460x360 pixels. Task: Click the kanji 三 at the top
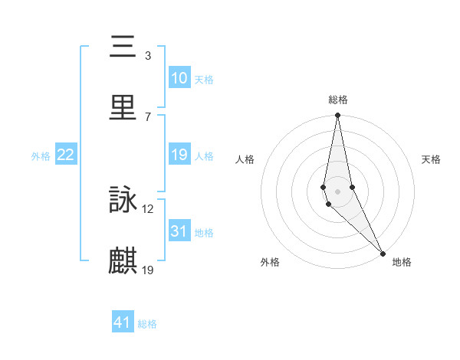tap(123, 47)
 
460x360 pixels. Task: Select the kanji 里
tap(123, 106)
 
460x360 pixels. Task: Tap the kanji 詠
tap(123, 200)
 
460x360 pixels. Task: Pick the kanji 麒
tap(123, 260)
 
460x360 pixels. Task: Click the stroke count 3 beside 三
tap(148, 55)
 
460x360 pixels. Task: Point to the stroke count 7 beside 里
tap(148, 116)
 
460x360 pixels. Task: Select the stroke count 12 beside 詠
tap(148, 208)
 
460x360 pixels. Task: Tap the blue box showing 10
tap(179, 78)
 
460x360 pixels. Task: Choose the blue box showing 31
tap(179, 231)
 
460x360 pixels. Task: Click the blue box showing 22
tap(66, 155)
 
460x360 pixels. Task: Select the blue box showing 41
tap(123, 322)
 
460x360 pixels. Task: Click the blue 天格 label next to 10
tap(204, 80)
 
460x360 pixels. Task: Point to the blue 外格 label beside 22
tap(41, 156)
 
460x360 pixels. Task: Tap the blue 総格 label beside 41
tap(147, 324)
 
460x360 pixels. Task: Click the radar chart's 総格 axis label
tap(338, 100)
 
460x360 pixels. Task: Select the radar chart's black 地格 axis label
tap(402, 262)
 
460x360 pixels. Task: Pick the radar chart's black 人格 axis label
tap(245, 159)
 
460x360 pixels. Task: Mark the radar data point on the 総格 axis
tap(337, 116)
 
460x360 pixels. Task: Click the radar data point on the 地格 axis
tap(383, 252)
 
